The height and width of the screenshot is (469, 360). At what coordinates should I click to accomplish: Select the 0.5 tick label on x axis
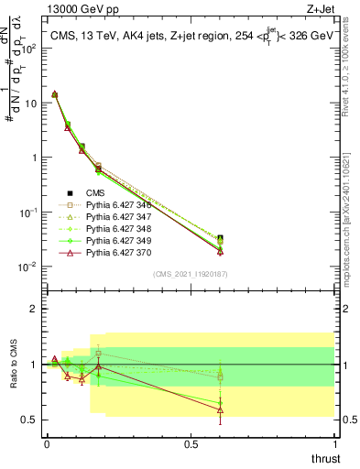pyautogui.click(x=191, y=443)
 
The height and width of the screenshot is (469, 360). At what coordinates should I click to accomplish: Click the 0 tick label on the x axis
pyautogui.click(x=47, y=443)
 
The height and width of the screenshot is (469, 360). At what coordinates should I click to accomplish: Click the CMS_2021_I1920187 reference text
pyautogui.click(x=191, y=274)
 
